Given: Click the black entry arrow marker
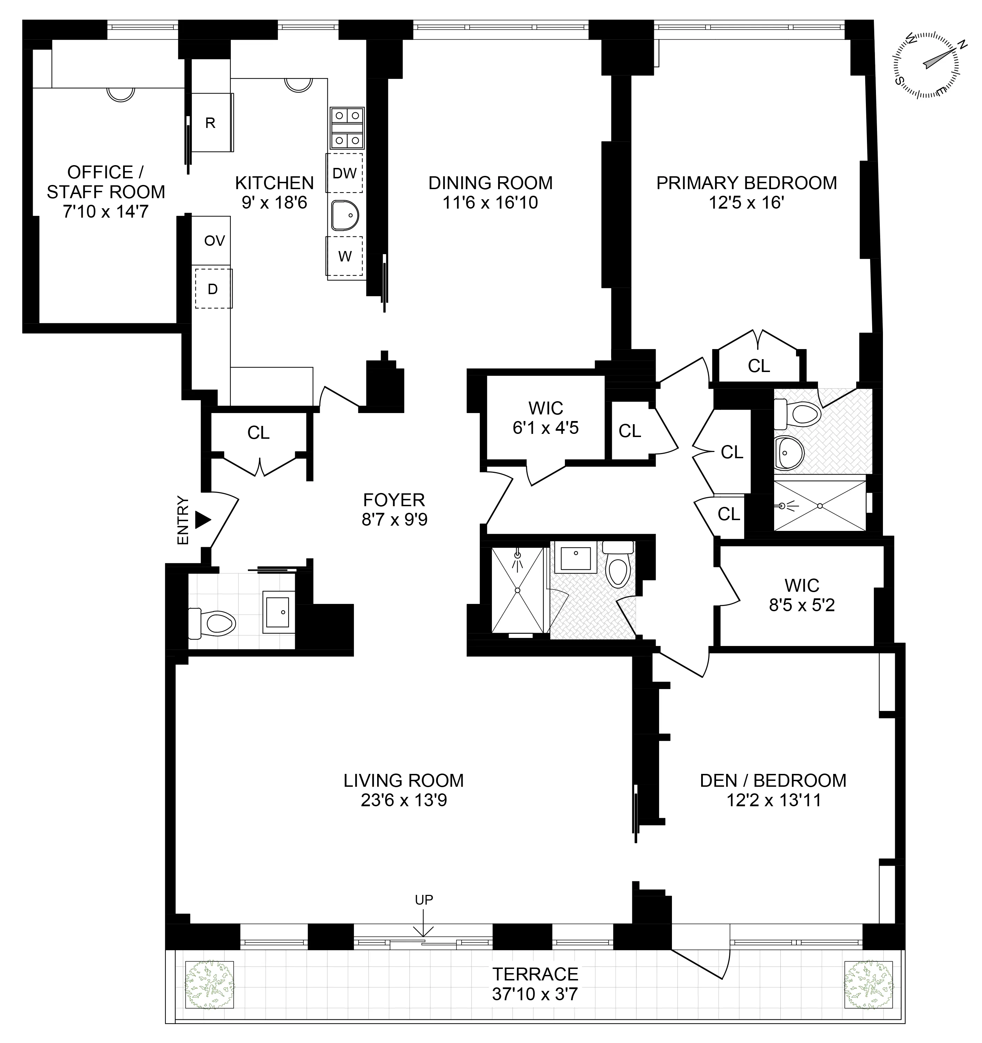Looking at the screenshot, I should (x=203, y=520).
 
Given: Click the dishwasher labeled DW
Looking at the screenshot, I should (x=344, y=173).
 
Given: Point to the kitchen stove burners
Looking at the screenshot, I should (x=347, y=128).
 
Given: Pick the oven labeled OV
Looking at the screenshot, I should (x=214, y=241).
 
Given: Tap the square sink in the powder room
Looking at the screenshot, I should (x=278, y=611).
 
